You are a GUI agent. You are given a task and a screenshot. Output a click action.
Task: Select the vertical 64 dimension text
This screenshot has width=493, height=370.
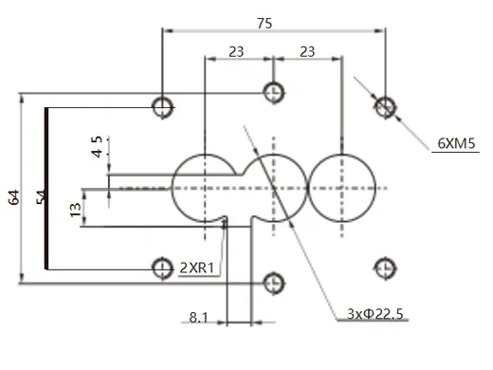[13, 196]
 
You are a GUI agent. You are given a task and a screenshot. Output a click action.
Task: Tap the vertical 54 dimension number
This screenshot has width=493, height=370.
[41, 196]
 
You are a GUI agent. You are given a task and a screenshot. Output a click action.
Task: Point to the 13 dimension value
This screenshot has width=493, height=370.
[75, 210]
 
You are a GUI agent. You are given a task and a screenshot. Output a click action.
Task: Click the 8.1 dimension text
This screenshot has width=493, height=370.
[197, 317]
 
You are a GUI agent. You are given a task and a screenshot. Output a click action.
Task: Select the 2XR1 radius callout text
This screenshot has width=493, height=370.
[199, 268]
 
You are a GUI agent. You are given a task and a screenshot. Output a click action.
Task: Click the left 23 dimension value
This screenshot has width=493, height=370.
[237, 51]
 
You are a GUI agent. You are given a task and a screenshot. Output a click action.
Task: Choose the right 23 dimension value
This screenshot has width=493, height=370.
[306, 51]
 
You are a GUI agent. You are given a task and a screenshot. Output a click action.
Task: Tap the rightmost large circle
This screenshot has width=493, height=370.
[340, 188]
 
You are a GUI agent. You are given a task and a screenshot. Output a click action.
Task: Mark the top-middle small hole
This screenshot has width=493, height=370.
[273, 92]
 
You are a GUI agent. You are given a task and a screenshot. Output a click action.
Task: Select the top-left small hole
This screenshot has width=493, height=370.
[162, 105]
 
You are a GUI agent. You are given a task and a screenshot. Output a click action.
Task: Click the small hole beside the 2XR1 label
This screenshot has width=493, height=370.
[162, 268]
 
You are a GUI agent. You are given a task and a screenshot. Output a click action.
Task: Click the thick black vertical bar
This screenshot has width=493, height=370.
[46, 187]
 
